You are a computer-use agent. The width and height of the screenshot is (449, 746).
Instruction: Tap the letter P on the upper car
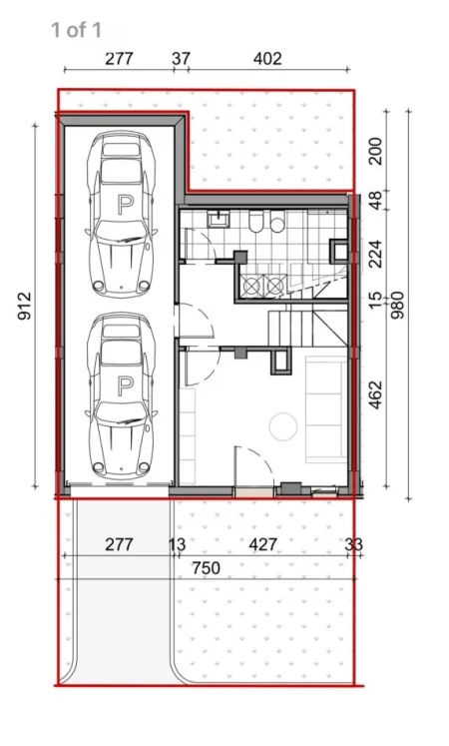tap(124, 205)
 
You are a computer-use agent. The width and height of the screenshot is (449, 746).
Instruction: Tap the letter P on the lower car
tap(124, 384)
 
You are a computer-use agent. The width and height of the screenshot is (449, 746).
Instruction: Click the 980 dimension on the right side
tap(400, 303)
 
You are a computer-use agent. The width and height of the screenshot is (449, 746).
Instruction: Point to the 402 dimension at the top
tap(266, 58)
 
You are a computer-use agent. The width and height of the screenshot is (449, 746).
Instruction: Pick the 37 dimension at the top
tap(181, 58)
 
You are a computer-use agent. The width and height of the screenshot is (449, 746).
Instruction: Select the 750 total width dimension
tap(207, 567)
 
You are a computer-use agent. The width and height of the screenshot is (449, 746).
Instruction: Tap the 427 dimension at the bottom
tap(261, 544)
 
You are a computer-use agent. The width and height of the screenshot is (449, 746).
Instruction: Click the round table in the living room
tap(283, 427)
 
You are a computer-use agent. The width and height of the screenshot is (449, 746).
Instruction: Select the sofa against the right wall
tap(324, 404)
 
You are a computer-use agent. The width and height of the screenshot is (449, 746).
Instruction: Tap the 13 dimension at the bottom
tap(179, 544)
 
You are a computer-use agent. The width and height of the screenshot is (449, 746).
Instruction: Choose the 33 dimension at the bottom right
tap(354, 544)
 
